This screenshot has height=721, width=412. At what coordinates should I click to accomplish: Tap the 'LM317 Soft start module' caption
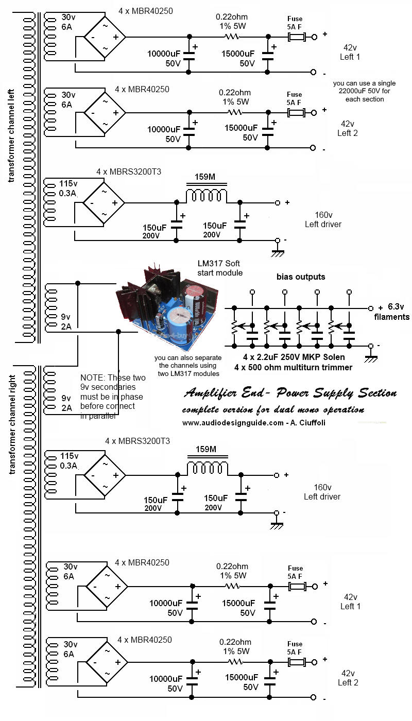coord(220,268)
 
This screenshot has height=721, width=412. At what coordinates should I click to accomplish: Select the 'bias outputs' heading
coord(301,277)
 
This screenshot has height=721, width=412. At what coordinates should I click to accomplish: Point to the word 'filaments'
coord(392,317)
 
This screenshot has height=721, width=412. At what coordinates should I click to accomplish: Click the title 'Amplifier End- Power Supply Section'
coord(290,394)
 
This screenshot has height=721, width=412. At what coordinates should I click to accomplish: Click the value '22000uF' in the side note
coord(350,91)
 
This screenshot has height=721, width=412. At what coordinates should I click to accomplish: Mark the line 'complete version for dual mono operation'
coord(273,410)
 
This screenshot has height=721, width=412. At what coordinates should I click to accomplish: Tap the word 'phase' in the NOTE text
coord(133,397)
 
